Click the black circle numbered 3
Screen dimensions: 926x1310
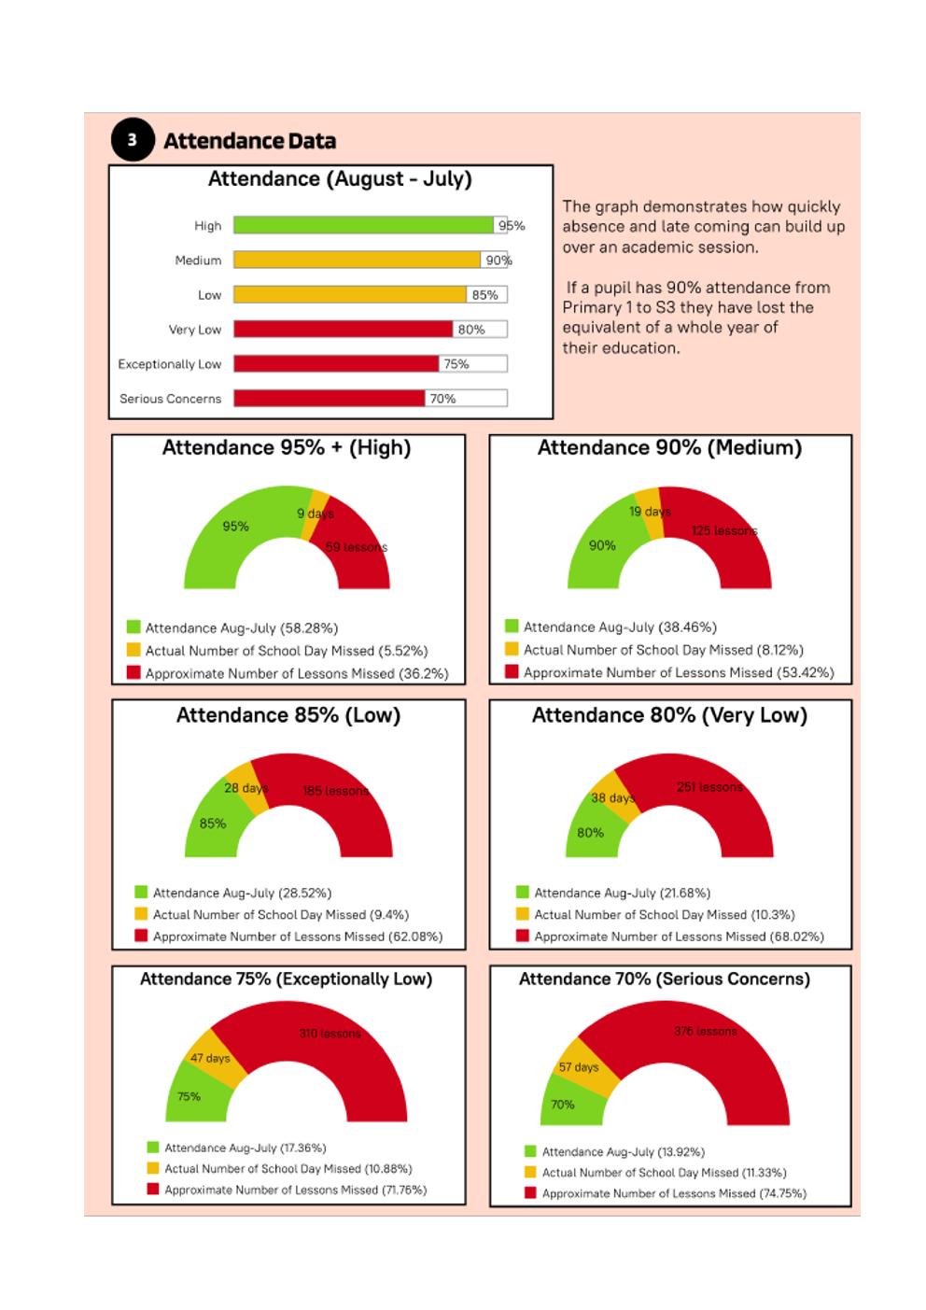133,140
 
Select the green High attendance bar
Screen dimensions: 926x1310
364,225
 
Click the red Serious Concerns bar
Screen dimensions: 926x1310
330,399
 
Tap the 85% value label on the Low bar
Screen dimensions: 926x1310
484,295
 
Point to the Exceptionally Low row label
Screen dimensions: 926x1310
170,364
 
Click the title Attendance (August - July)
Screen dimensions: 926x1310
340,179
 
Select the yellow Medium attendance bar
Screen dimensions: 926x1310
358,260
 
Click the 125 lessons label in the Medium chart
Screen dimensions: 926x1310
724,531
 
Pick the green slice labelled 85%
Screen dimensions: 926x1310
217,819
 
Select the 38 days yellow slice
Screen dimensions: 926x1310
615,796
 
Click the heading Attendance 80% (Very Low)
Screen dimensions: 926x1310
669,715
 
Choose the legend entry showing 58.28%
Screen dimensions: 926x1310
232,627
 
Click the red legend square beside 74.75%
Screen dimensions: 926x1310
530,1192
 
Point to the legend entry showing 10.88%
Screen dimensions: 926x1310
280,1168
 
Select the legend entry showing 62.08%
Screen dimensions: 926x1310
288,937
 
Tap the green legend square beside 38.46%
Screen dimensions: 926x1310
512,627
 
